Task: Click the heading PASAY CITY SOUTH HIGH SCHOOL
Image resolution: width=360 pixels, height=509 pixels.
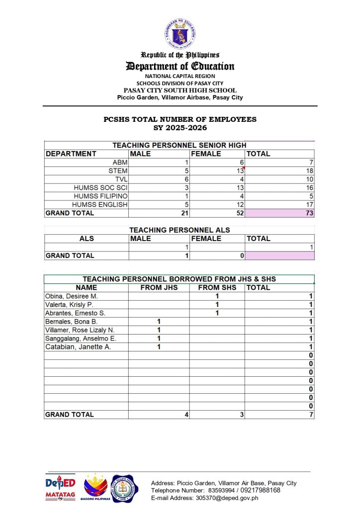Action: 180,90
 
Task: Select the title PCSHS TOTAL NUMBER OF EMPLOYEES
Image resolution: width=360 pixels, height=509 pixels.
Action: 180,120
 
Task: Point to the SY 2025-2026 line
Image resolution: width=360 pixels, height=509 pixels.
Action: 180,128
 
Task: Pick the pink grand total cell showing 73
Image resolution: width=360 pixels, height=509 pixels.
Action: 280,213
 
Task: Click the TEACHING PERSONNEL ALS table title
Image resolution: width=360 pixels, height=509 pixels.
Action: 180,230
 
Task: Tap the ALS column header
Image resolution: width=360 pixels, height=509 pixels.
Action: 87,239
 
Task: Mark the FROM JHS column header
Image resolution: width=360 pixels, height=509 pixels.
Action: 159,288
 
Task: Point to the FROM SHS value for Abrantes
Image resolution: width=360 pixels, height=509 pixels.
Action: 217,313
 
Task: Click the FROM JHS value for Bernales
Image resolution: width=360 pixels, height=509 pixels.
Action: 159,322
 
